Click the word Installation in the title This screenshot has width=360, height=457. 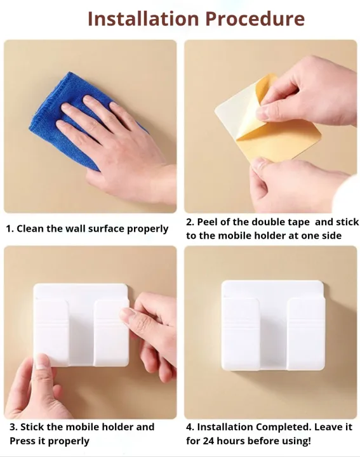143,18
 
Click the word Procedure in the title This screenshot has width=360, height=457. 255,18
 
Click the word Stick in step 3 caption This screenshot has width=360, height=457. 32,427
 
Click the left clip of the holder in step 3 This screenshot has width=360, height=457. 51,333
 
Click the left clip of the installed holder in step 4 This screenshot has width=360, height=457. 240,334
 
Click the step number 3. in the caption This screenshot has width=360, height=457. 13,427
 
